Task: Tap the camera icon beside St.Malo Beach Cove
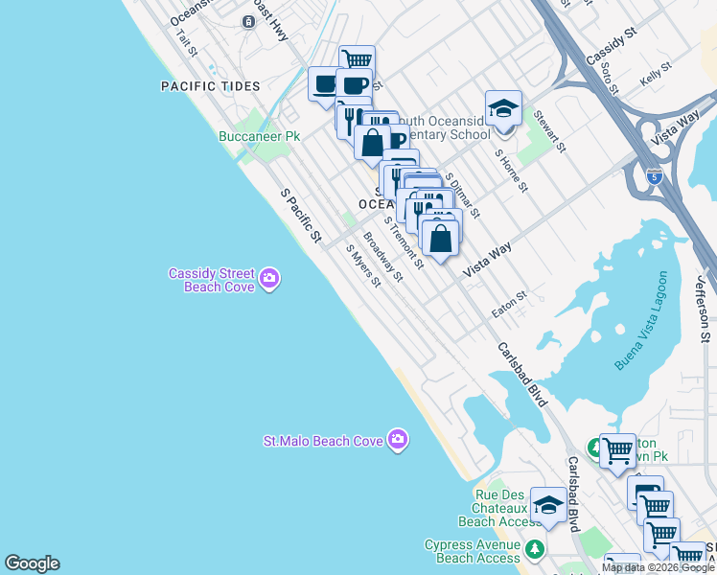pos(398,441)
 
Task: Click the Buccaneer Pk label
pos(259,137)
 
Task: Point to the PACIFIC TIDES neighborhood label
pos(210,86)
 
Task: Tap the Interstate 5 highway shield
pos(654,176)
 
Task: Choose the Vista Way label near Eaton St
pos(487,260)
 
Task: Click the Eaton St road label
pos(509,304)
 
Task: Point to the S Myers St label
pos(364,268)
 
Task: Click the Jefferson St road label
pos(702,310)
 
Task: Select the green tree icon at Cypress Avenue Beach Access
pos(535,551)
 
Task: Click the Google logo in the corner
pos(32,563)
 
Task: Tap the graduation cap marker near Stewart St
pos(502,109)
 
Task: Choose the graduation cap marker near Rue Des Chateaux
pos(548,504)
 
